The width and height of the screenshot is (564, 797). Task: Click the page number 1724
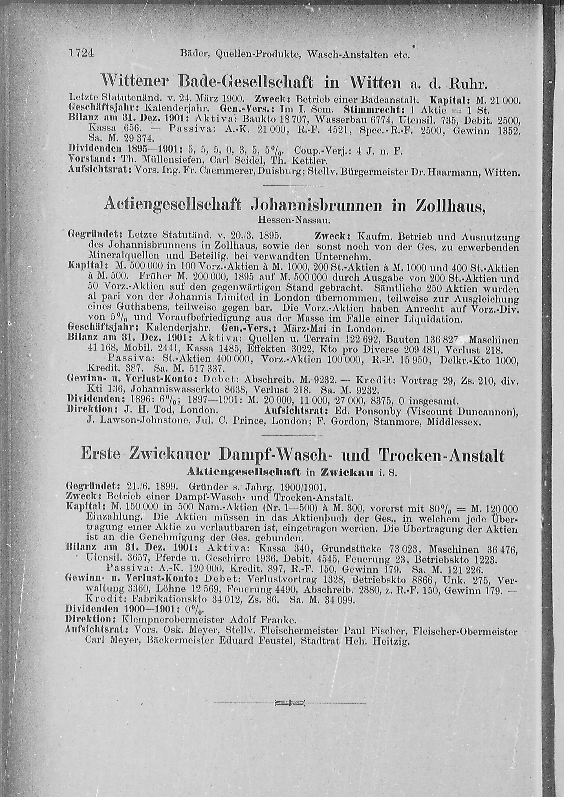pos(82,53)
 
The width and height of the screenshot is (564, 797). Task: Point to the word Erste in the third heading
pos(100,456)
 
